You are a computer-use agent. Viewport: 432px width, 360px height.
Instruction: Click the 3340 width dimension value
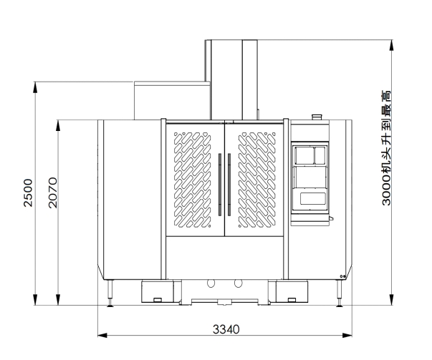pos(226,329)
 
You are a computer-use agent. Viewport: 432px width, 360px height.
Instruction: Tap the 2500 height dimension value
pos(28,193)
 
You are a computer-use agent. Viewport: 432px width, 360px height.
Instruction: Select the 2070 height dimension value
pos(52,193)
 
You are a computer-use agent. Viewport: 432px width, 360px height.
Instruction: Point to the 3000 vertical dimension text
pos(386,148)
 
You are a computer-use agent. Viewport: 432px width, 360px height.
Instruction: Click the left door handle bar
pos(220,185)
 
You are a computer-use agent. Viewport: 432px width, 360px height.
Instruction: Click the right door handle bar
pos(229,185)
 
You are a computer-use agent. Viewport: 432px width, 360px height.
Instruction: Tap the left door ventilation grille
pos(193,180)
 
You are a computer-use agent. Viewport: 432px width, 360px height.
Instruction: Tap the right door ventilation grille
pos(256,180)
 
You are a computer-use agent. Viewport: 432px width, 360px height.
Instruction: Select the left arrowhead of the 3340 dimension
pos(102,335)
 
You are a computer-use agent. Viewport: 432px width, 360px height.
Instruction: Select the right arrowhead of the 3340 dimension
pos(347,335)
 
